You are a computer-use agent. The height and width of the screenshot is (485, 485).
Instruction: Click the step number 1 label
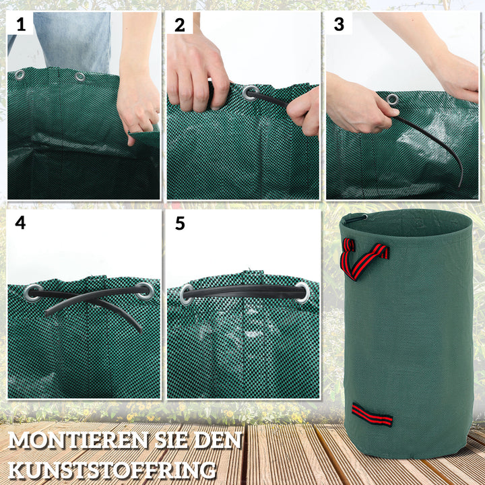point(21,25)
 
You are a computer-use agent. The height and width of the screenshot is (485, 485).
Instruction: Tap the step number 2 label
point(180,25)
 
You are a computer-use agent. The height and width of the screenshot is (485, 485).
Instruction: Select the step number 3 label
point(339,25)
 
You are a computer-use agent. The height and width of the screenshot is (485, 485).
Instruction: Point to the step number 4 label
point(21,222)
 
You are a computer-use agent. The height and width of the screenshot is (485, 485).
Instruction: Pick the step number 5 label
point(180,223)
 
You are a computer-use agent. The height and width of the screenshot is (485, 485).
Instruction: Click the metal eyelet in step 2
point(250,92)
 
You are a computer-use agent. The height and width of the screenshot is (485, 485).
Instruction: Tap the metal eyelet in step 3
point(392,100)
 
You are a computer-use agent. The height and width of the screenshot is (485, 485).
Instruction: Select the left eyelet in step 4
point(32,292)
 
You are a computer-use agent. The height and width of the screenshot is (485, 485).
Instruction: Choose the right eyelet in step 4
point(144,291)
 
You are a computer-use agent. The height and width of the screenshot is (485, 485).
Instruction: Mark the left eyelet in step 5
point(187,294)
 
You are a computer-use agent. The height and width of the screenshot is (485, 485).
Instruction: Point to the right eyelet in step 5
point(302,292)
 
